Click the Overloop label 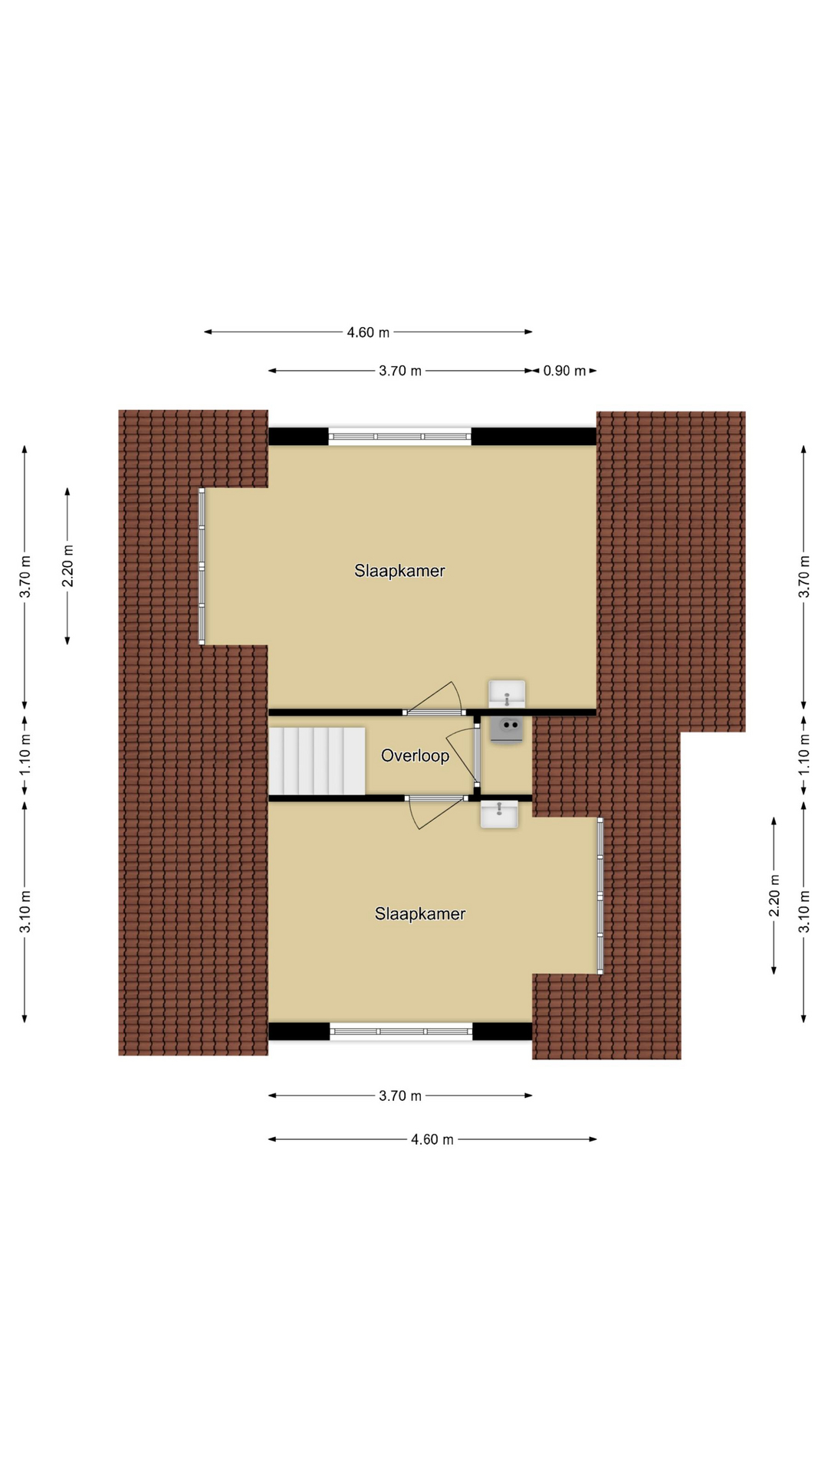(415, 756)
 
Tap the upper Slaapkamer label (399, 571)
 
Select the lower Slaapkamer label (420, 914)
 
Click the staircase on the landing (317, 762)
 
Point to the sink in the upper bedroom (507, 694)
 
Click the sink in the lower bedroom (499, 814)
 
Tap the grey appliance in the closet (507, 729)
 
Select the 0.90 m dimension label (564, 371)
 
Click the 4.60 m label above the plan (368, 333)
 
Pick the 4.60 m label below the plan (432, 1140)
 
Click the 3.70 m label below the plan (400, 1096)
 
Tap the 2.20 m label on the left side (67, 565)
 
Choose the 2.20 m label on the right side (774, 895)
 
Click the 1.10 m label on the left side (25, 754)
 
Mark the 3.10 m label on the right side (804, 912)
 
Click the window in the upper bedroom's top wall (399, 437)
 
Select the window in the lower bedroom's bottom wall (401, 1031)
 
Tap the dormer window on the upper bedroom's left (202, 566)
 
